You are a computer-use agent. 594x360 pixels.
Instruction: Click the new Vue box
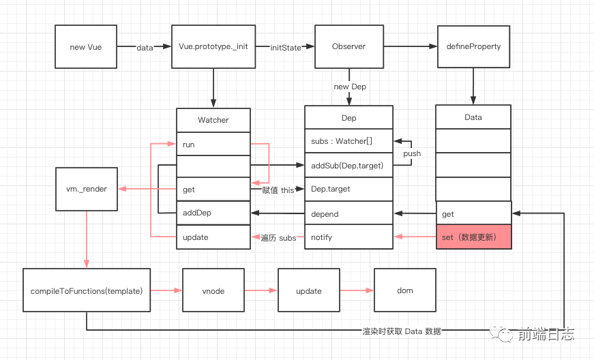coord(86,47)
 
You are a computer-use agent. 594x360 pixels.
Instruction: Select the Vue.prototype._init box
coord(213,47)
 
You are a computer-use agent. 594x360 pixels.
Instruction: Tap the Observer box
coord(348,47)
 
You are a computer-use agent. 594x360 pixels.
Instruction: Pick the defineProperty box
coord(473,47)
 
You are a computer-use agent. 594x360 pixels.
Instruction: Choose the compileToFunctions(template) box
coord(87,291)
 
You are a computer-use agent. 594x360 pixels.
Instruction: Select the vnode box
coord(213,291)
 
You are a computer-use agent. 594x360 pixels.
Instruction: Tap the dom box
coord(404,291)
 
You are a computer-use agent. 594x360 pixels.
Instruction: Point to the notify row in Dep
coord(348,237)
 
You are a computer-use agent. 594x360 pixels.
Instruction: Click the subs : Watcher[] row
coord(348,142)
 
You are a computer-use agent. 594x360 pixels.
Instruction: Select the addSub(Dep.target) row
coord(348,166)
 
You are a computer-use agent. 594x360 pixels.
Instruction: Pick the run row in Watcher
coord(213,145)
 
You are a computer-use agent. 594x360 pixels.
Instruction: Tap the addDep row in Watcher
coord(213,213)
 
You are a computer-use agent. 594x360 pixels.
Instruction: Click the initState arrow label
coord(286,48)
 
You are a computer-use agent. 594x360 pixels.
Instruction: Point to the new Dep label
coord(350,87)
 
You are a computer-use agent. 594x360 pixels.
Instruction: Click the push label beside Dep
coord(412,154)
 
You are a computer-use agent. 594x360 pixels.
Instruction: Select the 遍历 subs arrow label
coord(278,238)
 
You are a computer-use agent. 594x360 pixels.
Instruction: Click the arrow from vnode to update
coord(261,291)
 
